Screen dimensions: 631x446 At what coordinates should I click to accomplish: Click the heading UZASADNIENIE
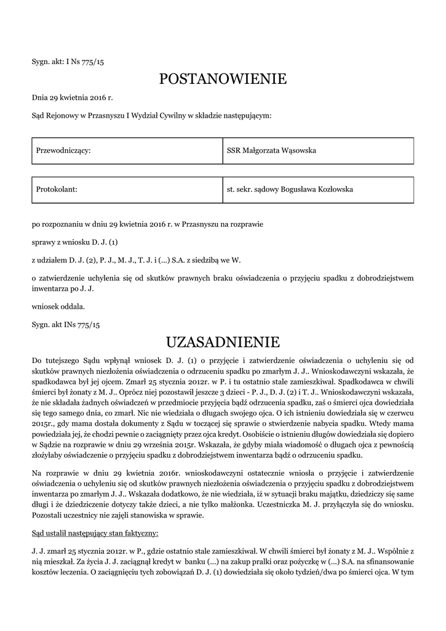click(x=223, y=341)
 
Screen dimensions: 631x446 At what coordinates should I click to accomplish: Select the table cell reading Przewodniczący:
click(x=127, y=150)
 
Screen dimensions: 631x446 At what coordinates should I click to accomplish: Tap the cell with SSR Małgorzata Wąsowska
click(x=317, y=150)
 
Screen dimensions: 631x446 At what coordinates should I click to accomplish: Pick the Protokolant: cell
click(x=127, y=189)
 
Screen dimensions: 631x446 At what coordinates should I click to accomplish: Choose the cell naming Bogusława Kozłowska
click(x=317, y=189)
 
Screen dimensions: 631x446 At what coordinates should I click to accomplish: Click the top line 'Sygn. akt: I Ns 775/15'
click(x=72, y=62)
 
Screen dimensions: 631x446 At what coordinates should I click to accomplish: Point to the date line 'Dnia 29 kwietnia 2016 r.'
click(x=73, y=97)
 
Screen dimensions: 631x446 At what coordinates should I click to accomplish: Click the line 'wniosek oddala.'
click(x=58, y=306)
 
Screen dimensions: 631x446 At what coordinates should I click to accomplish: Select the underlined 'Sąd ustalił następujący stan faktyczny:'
click(x=95, y=532)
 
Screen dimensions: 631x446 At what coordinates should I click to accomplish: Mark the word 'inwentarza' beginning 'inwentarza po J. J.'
click(x=50, y=288)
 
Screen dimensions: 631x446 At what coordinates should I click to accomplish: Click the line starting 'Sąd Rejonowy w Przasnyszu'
click(x=151, y=115)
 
